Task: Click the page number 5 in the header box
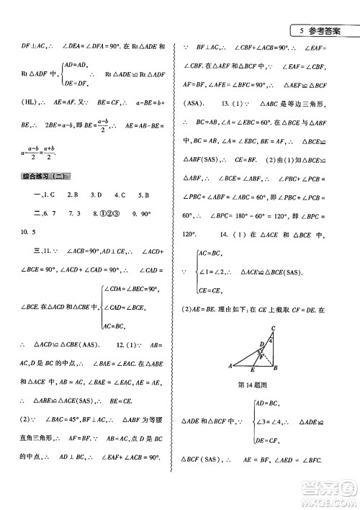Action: pyautogui.click(x=298, y=31)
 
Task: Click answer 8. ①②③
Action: pyautogui.click(x=108, y=215)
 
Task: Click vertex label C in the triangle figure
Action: pyautogui.click(x=273, y=330)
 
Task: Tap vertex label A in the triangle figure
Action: pyautogui.click(x=228, y=364)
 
